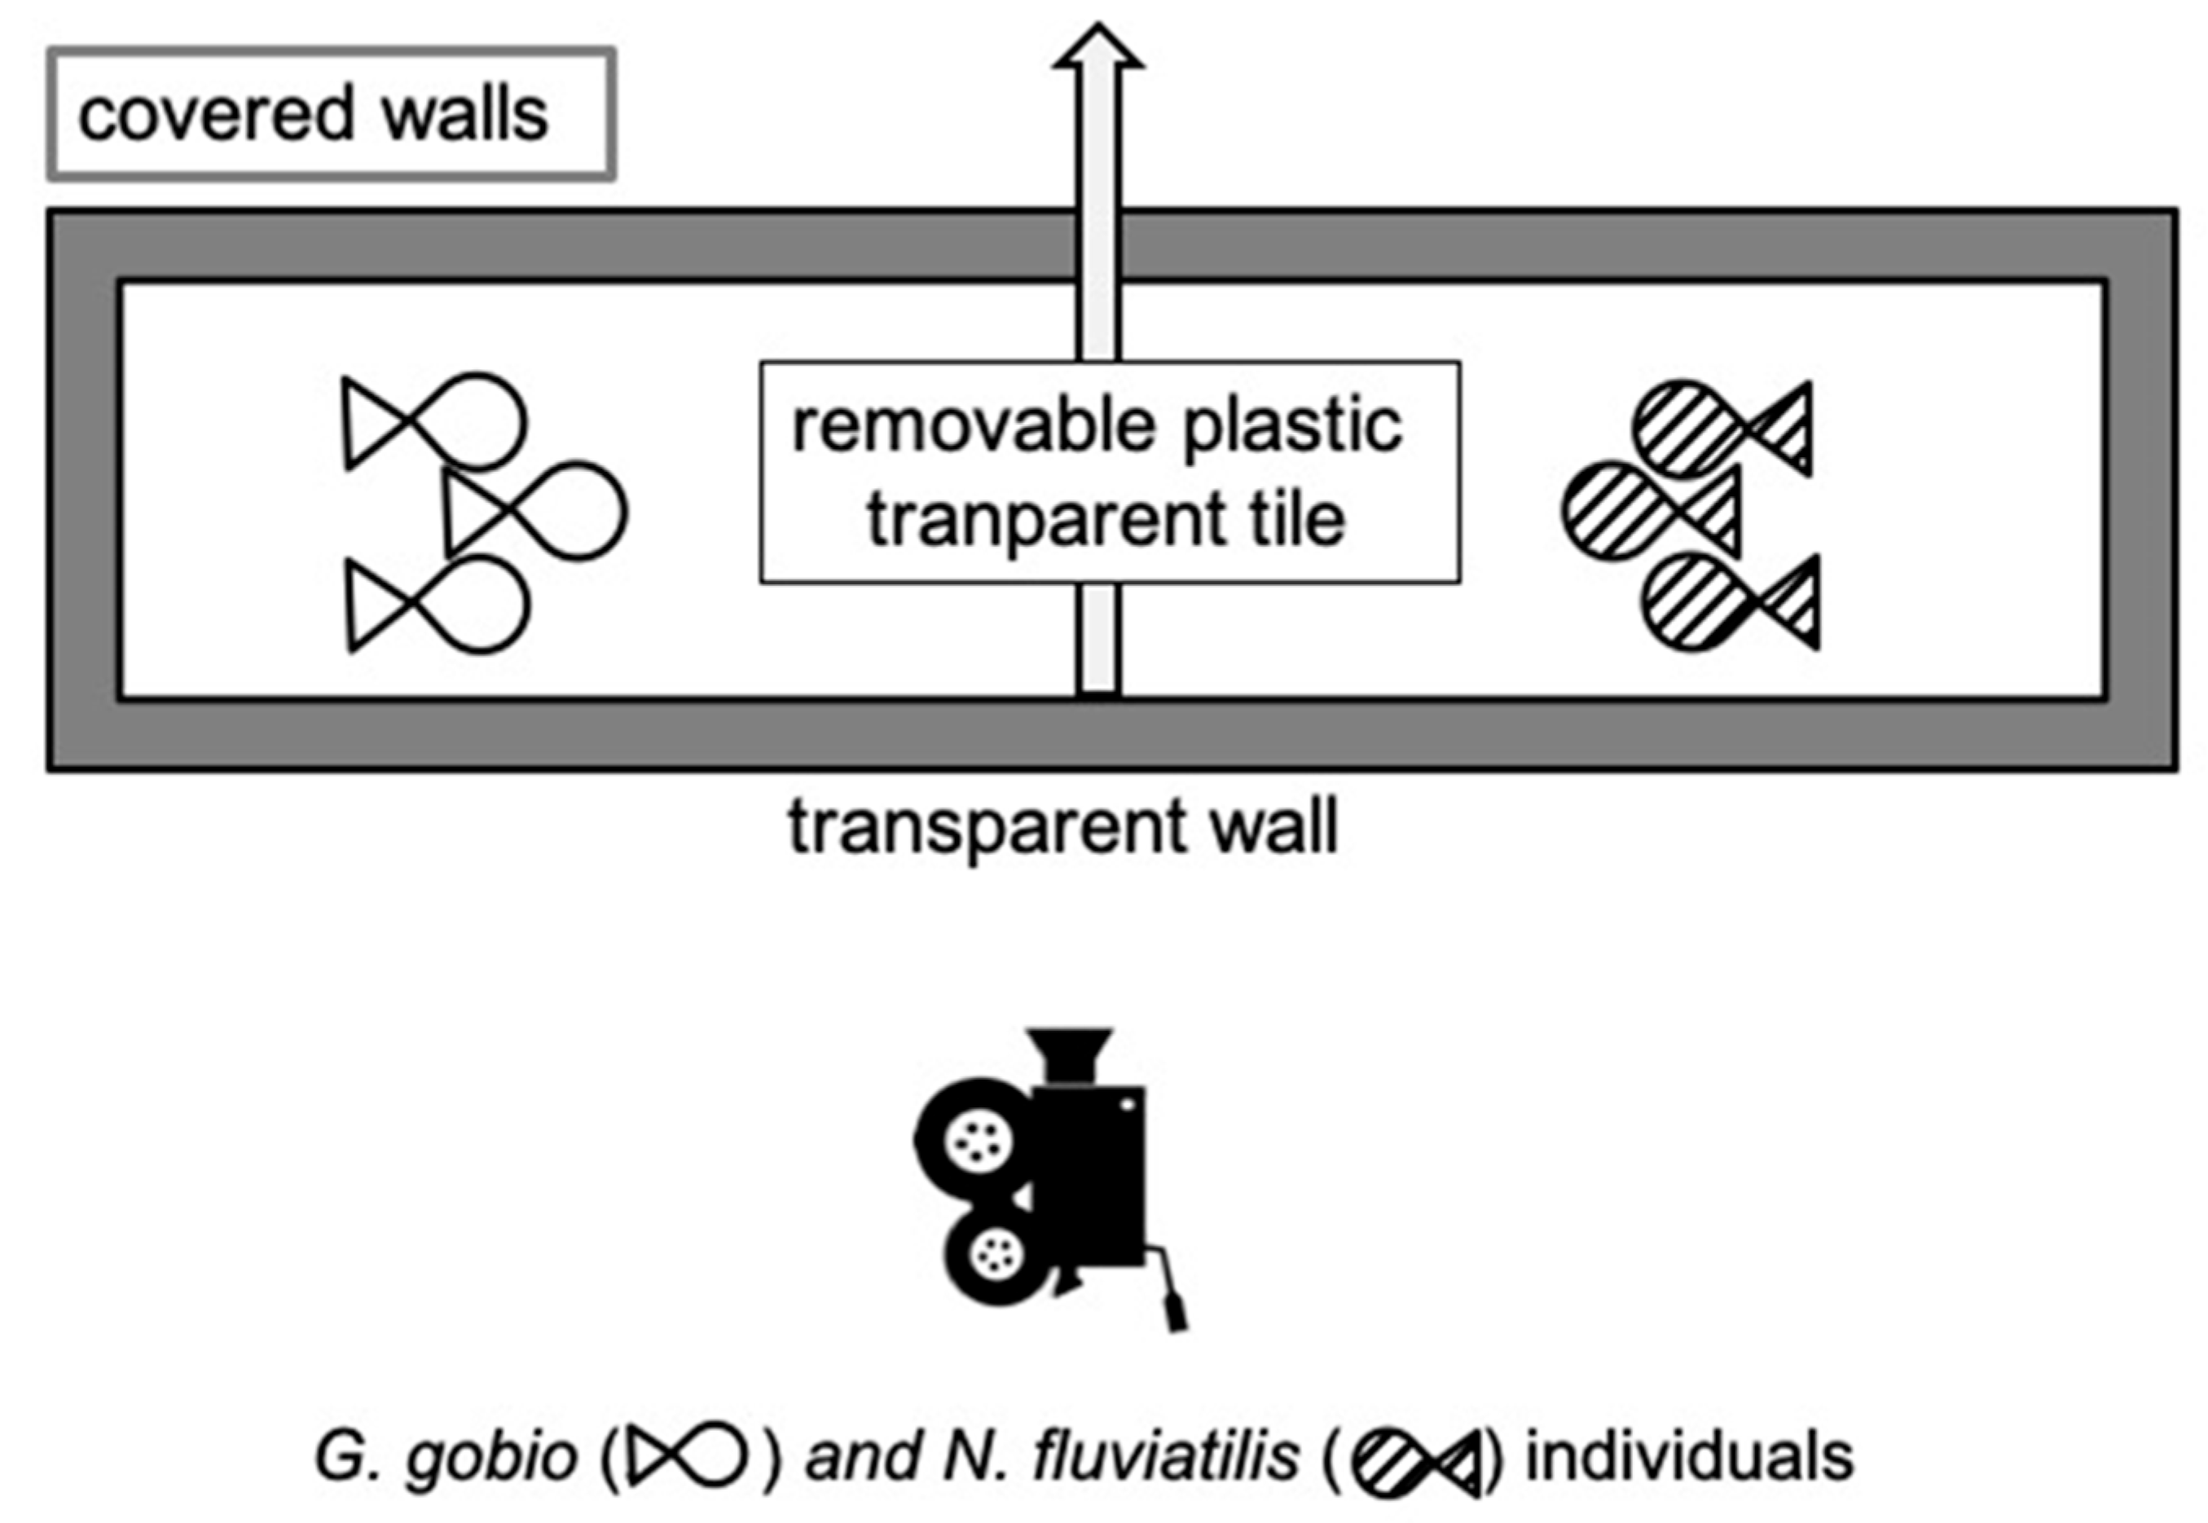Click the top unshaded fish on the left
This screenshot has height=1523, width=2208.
click(434, 422)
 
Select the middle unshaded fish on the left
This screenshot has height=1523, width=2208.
click(535, 511)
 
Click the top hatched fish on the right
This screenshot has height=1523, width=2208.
click(1723, 429)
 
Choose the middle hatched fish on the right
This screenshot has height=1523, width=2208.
click(1652, 511)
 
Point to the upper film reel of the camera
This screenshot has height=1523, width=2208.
click(975, 1138)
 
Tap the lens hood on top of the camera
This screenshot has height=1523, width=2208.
click(1070, 1054)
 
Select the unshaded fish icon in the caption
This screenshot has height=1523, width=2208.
click(684, 1456)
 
